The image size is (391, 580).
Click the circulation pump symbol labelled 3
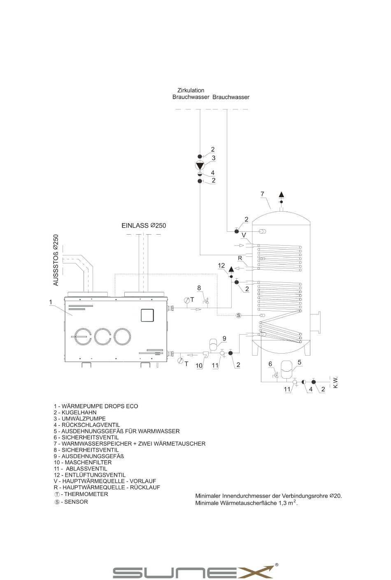point(200,165)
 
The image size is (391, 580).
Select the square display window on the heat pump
point(147,315)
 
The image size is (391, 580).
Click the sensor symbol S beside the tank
point(238,315)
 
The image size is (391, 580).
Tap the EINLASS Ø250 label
point(144,226)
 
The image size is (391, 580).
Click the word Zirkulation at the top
point(191,90)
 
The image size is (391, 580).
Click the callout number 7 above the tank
point(262,193)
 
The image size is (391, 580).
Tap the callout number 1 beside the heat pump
point(51,303)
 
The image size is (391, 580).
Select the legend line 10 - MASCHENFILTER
point(83,462)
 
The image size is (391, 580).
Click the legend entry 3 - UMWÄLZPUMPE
point(80,419)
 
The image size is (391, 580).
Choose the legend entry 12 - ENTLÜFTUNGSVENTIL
point(90,475)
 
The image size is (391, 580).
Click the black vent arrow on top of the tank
point(282,195)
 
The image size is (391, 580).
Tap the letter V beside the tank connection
point(244,235)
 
